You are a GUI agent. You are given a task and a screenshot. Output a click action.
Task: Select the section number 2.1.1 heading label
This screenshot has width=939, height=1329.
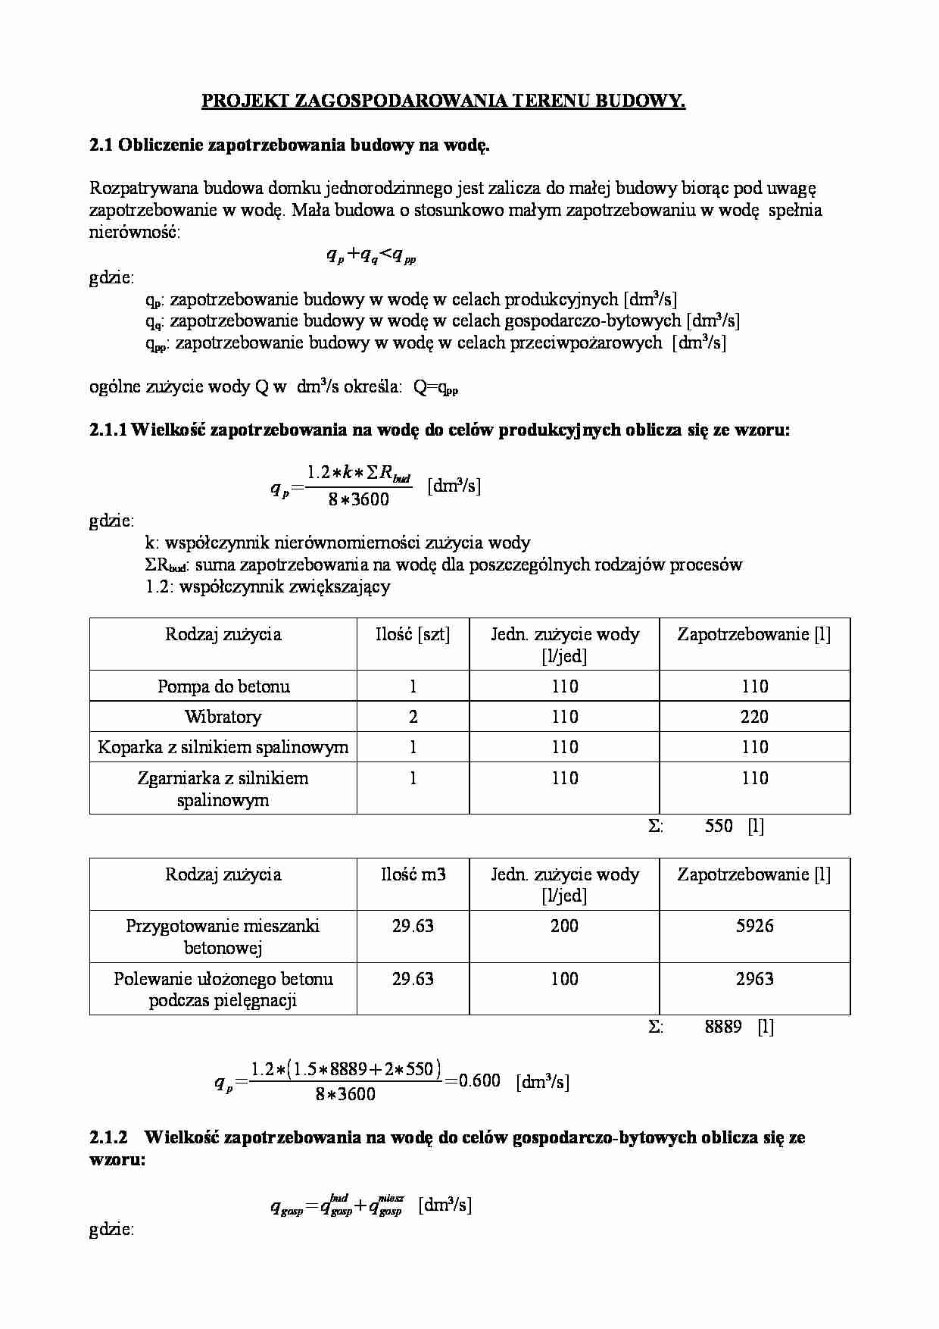pyautogui.click(x=108, y=430)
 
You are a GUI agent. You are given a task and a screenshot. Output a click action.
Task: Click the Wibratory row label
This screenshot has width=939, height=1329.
pyautogui.click(x=223, y=717)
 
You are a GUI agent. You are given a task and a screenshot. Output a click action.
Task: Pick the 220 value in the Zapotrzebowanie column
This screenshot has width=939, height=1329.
pyautogui.click(x=754, y=717)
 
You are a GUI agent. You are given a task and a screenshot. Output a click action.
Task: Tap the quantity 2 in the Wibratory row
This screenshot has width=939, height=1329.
pyautogui.click(x=413, y=717)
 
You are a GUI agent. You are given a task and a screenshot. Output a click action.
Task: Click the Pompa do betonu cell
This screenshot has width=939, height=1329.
pyautogui.click(x=223, y=686)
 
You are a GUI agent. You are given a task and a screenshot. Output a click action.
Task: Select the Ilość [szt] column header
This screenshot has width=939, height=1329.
pyautogui.click(x=413, y=635)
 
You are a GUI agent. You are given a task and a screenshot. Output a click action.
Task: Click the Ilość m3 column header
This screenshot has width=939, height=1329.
pyautogui.click(x=413, y=874)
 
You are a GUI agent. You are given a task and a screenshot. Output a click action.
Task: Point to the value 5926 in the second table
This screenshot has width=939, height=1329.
pyautogui.click(x=754, y=926)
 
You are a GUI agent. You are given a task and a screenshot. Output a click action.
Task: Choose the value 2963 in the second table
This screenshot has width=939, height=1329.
pyautogui.click(x=754, y=979)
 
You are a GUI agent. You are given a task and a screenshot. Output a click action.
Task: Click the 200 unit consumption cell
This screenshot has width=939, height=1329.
pyautogui.click(x=564, y=926)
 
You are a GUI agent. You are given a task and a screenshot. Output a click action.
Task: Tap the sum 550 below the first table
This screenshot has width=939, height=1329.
pyautogui.click(x=718, y=827)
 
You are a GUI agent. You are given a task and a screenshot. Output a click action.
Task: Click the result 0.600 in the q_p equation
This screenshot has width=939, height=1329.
pyautogui.click(x=480, y=1081)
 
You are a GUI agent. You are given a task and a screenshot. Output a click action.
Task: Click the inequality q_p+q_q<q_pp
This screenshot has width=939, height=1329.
pyautogui.click(x=371, y=256)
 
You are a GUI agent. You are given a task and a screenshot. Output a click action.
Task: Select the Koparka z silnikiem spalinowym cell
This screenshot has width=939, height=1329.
pyautogui.click(x=223, y=748)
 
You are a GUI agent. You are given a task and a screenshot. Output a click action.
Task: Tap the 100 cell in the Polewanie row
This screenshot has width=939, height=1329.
pyautogui.click(x=564, y=979)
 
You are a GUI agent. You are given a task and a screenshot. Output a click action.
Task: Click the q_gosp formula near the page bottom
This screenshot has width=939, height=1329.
pyautogui.click(x=337, y=1205)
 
